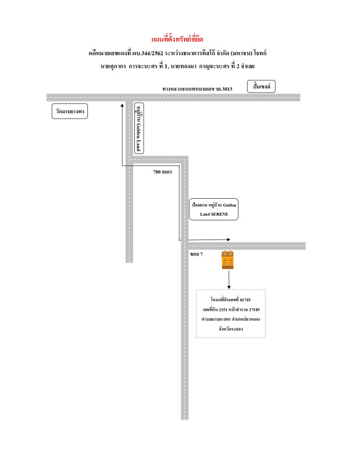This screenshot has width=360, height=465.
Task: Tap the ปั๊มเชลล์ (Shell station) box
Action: coord(261,87)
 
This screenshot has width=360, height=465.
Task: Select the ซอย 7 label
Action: coord(196,254)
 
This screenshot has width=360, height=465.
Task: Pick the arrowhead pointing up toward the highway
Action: coord(122,106)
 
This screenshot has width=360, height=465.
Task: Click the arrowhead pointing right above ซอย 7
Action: coord(229,239)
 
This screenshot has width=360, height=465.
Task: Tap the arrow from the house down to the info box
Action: coord(229,279)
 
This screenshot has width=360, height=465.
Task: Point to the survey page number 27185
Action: coord(252,310)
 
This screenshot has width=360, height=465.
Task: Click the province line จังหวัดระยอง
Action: coord(230,329)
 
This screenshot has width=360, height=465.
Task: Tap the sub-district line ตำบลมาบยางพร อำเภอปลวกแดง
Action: coord(230,320)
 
